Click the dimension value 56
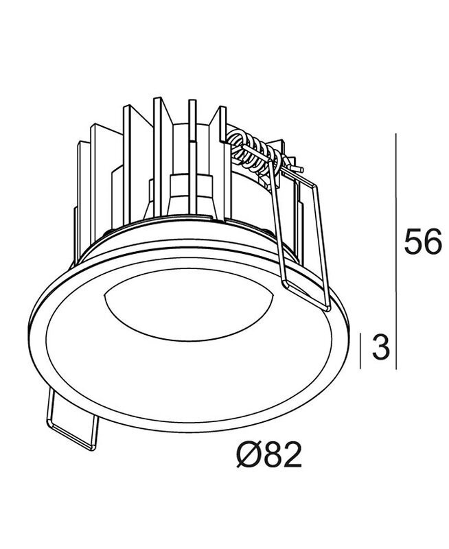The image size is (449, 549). point(423,241)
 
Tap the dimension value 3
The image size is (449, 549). point(381,347)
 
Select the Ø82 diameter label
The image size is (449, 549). point(268,454)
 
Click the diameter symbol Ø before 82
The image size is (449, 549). point(249,454)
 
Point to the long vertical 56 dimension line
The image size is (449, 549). point(396,251)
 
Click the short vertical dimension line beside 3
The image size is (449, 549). point(360,351)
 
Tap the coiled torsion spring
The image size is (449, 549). point(255,152)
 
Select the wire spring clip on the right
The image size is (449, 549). point(301,238)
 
